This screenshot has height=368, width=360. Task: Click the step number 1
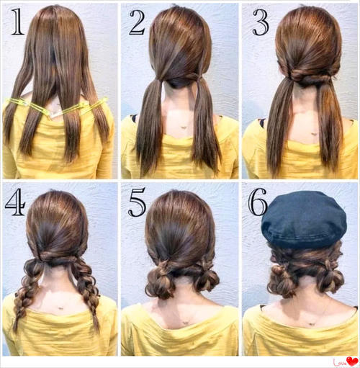(x=17, y=22)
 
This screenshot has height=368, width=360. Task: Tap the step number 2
(x=138, y=22)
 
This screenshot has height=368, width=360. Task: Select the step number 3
(x=261, y=22)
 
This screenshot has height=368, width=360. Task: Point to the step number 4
(x=15, y=202)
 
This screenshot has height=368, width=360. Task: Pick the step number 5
(x=137, y=202)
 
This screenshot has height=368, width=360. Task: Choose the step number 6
(x=258, y=202)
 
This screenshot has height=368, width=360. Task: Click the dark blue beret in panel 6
(x=304, y=219)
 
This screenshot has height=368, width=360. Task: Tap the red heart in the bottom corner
(x=352, y=361)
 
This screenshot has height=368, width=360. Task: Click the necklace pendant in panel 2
(x=184, y=127)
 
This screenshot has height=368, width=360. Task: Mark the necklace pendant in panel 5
(x=184, y=323)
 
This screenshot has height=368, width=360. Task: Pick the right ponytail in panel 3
(x=330, y=125)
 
